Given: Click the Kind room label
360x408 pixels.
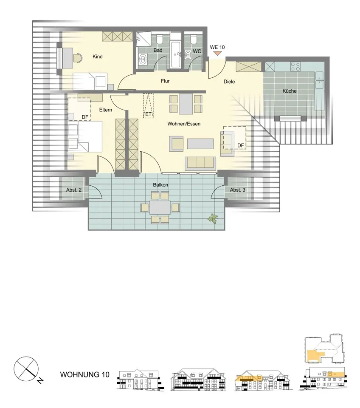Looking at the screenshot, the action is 98,57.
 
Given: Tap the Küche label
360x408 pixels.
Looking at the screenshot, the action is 290,91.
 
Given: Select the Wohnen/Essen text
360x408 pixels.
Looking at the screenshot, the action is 184,124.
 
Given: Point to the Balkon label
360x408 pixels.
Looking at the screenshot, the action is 160,185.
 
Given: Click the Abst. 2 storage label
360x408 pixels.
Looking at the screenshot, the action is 74,190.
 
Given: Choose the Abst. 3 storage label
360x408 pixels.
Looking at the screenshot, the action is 238,190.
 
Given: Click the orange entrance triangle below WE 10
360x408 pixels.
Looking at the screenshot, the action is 217,53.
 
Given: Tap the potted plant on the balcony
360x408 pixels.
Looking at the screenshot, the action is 213,218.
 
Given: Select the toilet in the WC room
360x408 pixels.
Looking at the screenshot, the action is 194,39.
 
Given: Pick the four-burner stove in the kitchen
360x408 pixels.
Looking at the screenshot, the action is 295,66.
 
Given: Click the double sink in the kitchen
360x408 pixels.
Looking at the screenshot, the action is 319,80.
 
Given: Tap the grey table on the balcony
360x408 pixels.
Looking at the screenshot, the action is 160,207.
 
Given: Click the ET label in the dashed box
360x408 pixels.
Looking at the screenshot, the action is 148,114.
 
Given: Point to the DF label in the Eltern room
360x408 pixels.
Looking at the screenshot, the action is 85,117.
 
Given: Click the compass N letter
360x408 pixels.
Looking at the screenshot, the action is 40,381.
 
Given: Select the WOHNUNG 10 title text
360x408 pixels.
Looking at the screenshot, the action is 85,375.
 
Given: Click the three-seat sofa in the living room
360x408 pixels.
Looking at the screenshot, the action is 200,163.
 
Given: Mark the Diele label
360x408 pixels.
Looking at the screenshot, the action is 229,82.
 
